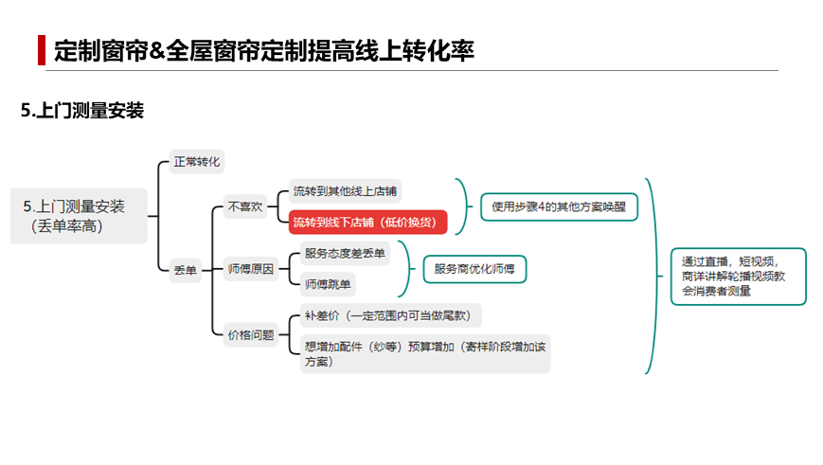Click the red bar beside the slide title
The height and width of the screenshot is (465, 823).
[42, 50]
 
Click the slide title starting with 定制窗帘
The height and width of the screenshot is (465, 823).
[264, 50]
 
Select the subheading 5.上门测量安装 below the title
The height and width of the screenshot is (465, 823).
[82, 111]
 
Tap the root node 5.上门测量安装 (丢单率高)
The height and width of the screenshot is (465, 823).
[79, 216]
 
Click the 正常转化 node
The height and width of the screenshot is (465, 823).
[197, 162]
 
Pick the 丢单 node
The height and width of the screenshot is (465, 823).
[186, 270]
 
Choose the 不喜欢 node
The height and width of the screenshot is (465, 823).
[245, 206]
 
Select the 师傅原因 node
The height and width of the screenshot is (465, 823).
[251, 269]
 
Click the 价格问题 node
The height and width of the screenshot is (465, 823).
[251, 335]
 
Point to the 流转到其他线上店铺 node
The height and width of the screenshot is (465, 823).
[345, 191]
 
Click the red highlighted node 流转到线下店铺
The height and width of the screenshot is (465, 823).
[367, 222]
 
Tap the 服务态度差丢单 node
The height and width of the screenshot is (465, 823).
[345, 254]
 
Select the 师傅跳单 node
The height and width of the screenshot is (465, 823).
[328, 284]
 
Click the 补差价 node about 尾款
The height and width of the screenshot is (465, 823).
[390, 315]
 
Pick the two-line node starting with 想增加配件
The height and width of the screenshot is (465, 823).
[425, 354]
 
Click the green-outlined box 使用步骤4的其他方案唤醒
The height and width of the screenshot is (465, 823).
[559, 206]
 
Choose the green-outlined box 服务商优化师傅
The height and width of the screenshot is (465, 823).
[474, 269]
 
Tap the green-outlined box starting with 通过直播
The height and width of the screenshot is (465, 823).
[739, 277]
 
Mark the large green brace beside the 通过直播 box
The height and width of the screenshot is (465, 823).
[655, 276]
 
